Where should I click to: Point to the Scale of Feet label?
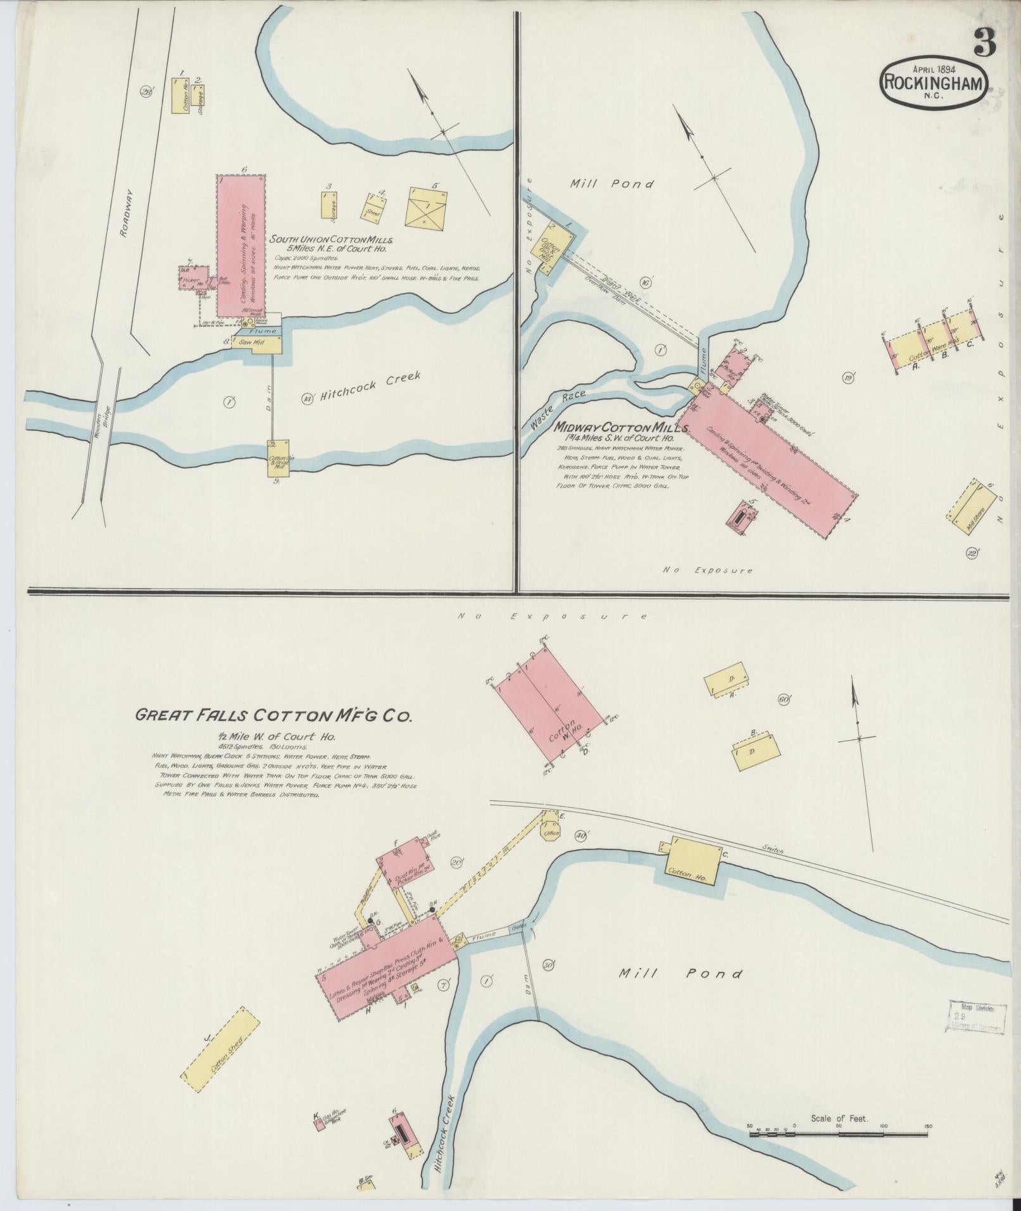pyautogui.click(x=839, y=1119)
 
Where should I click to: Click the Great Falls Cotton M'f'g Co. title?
pyautogui.click(x=273, y=715)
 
